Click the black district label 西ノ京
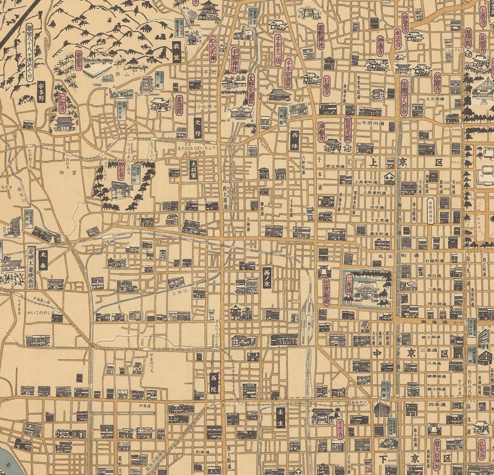pos(267,278)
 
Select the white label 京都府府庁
pos(430,211)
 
